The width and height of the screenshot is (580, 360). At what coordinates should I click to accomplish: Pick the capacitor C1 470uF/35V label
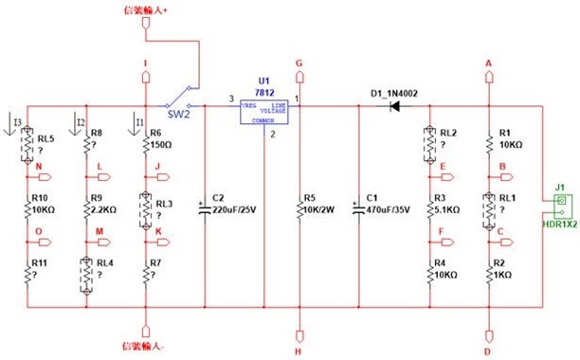tap(390, 204)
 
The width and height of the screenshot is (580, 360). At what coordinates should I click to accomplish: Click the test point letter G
tap(299, 63)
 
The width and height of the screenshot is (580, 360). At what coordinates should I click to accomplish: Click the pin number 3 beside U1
tap(230, 99)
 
